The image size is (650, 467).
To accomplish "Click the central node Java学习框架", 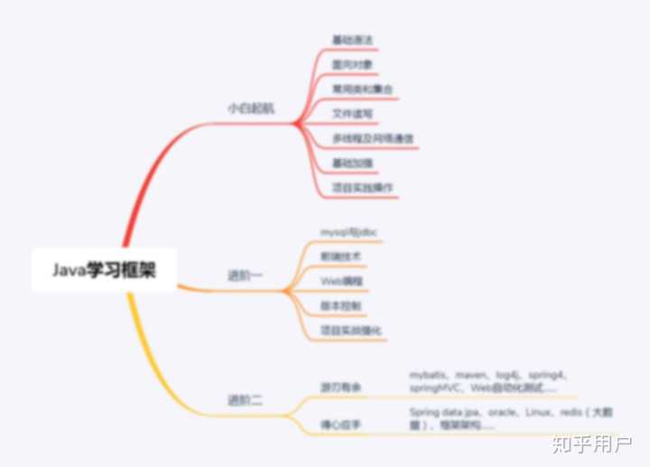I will point(103,270).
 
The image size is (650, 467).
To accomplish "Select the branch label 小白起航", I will point(250,107).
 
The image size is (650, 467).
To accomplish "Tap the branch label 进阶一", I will point(245,276).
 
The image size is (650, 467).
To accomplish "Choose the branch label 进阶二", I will point(245,398).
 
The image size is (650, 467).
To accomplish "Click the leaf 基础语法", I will point(352,41).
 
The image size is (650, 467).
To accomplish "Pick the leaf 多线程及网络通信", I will point(373,138).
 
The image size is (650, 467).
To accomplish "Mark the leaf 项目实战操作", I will point(361,187).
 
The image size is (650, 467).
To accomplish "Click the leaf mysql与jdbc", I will point(348,232).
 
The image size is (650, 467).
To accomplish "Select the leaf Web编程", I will point(343,281).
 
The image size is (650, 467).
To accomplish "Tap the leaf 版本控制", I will point(340,305).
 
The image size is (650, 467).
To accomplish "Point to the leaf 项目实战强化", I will point(352,330).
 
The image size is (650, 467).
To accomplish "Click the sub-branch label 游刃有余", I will point(340,387).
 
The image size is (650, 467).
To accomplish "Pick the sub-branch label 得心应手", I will point(340,422).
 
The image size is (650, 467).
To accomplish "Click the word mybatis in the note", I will point(429,373).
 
